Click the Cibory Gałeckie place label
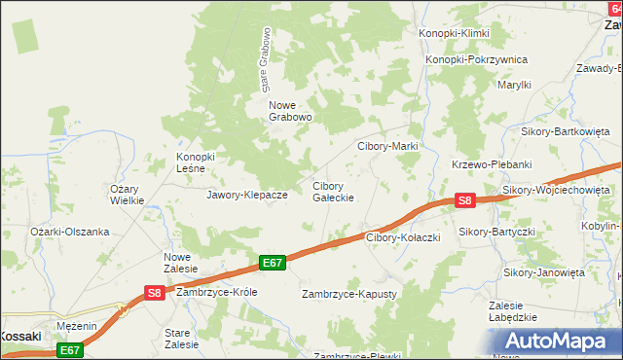point(332,191)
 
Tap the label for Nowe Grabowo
point(290,111)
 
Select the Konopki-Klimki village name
point(454,33)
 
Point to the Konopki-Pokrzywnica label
point(477,59)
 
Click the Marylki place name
point(515,85)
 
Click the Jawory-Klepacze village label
point(246,195)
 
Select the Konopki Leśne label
point(201,162)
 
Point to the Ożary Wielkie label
point(128,195)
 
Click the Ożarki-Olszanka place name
point(69,232)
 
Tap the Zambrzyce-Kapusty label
point(349,293)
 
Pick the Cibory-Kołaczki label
point(404,237)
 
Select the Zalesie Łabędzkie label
point(513,310)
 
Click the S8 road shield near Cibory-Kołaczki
point(465,200)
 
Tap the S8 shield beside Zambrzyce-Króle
point(154,291)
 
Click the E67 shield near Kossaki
point(67,350)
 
